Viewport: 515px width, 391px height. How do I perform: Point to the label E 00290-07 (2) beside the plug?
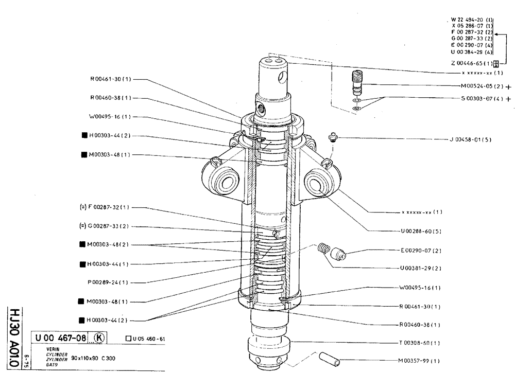[421, 251]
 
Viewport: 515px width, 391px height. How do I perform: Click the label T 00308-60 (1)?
[419, 343]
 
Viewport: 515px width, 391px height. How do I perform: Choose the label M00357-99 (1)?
[419, 361]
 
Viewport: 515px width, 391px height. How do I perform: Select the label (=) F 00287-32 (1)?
[105, 207]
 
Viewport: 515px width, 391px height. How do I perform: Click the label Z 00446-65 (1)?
[471, 64]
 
